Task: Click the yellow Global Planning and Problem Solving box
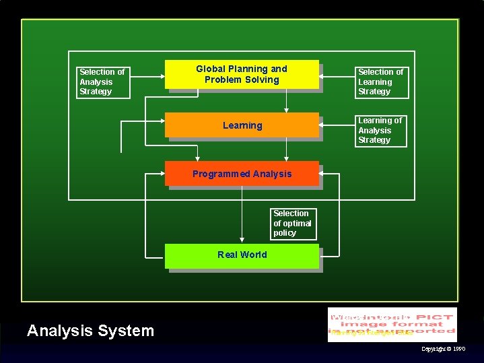pyautogui.click(x=242, y=75)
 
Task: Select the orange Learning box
pyautogui.click(x=242, y=125)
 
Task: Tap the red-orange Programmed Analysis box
pyautogui.click(x=242, y=174)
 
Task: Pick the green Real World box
pyautogui.click(x=242, y=255)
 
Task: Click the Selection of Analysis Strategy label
pyautogui.click(x=102, y=81)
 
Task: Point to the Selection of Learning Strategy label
pyautogui.click(x=381, y=81)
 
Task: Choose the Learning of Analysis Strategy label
pyautogui.click(x=381, y=130)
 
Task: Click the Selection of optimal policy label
pyautogui.click(x=293, y=223)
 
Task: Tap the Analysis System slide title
pyautogui.click(x=90, y=331)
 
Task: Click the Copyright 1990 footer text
pyautogui.click(x=442, y=349)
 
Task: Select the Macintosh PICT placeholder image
pyautogui.click(x=392, y=324)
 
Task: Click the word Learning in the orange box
pyautogui.click(x=242, y=125)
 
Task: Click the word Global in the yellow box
pyautogui.click(x=210, y=69)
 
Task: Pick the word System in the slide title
pyautogui.click(x=127, y=331)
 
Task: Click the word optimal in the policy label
pyautogui.click(x=297, y=223)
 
